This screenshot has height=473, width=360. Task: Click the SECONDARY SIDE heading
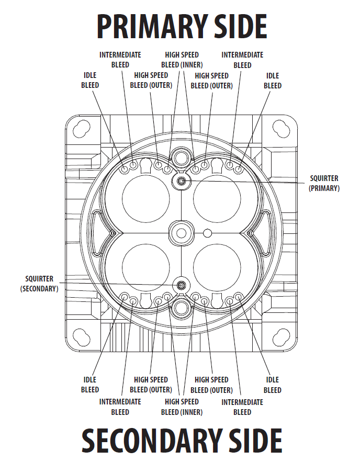tap(182, 441)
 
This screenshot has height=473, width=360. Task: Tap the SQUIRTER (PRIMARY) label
tap(324, 183)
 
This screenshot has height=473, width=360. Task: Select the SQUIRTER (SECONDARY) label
tap(39, 284)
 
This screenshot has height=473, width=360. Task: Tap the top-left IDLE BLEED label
tap(90, 81)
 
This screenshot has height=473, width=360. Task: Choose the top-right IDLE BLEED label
tap(272, 81)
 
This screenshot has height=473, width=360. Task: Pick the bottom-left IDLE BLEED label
tap(90, 385)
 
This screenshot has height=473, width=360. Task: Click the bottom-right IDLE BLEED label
tap(272, 385)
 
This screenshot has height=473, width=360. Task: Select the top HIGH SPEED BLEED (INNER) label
tap(182, 60)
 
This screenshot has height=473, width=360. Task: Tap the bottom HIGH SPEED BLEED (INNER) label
tap(182, 407)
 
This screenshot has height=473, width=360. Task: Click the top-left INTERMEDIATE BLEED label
tap(120, 60)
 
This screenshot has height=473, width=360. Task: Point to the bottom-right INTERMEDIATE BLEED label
tap(242, 407)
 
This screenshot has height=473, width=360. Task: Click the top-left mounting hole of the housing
tap(82, 128)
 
